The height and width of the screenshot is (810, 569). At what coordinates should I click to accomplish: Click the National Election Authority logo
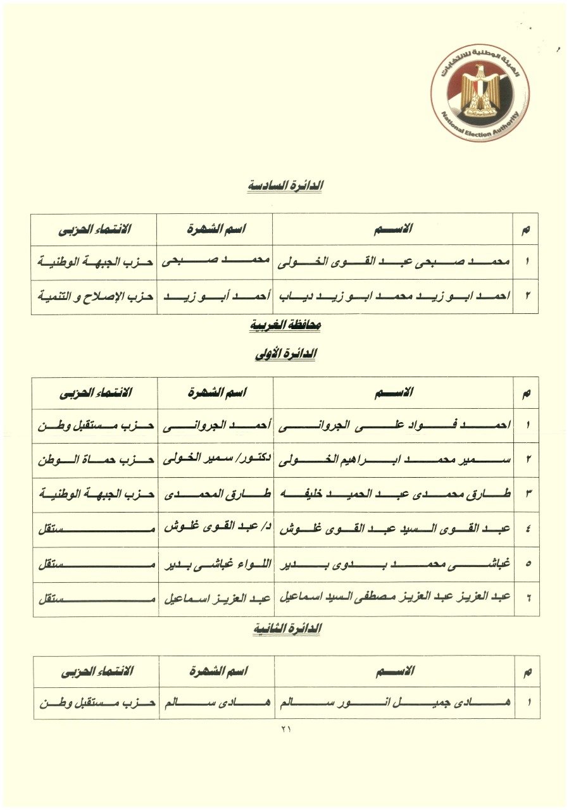(x=480, y=94)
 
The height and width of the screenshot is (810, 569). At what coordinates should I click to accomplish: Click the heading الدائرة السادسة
(x=284, y=186)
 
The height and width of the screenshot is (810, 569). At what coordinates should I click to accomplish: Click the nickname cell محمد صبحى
(x=215, y=261)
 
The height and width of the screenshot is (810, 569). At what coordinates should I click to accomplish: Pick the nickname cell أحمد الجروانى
(x=215, y=425)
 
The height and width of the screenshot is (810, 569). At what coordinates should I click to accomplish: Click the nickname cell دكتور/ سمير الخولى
(x=215, y=459)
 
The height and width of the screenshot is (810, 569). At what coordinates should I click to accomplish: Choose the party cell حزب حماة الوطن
(x=96, y=459)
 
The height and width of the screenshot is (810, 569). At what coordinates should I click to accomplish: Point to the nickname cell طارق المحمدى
(x=215, y=494)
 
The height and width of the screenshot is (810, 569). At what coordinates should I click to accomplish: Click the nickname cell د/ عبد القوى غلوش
(x=215, y=529)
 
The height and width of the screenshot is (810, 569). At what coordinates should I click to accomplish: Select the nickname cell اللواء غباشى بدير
(x=215, y=563)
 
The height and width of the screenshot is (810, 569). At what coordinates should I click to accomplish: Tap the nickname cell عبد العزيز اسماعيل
(x=215, y=598)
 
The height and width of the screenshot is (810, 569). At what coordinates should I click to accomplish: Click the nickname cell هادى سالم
(x=216, y=702)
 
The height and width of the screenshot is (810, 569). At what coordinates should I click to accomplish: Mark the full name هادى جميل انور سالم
(x=394, y=702)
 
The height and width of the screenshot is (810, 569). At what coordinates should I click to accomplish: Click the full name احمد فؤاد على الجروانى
(x=393, y=425)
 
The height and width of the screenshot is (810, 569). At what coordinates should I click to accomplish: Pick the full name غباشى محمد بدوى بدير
(x=393, y=563)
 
